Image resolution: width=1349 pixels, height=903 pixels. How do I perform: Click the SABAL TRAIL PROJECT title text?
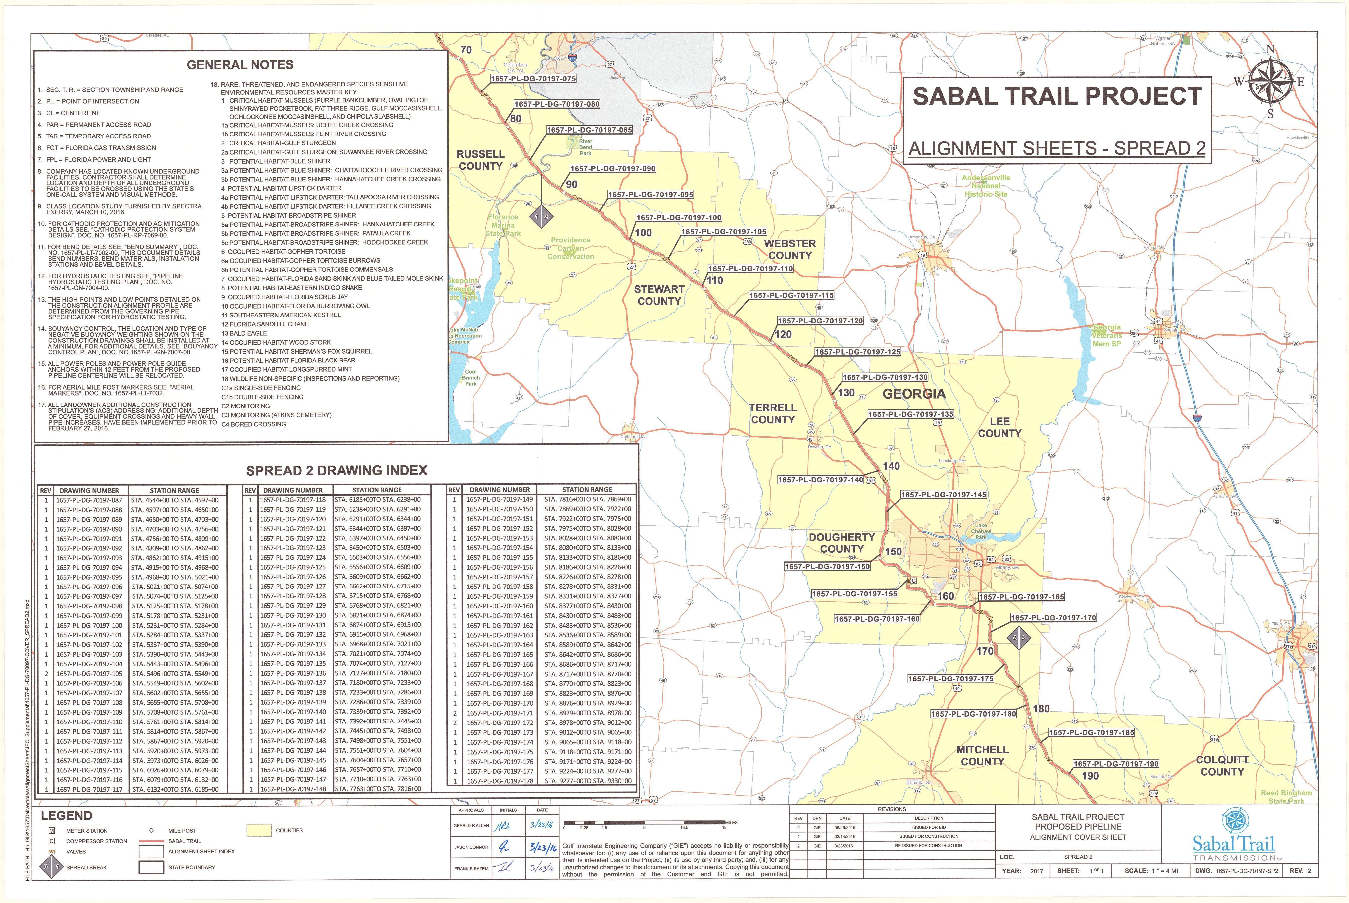1057,96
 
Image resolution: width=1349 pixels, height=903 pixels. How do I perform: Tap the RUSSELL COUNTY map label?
481,160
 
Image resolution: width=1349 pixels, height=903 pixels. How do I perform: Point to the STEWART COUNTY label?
659,295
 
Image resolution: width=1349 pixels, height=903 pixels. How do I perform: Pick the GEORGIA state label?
914,394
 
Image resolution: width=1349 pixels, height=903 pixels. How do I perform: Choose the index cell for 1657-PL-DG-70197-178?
500,781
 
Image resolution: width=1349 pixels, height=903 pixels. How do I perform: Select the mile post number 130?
847,393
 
